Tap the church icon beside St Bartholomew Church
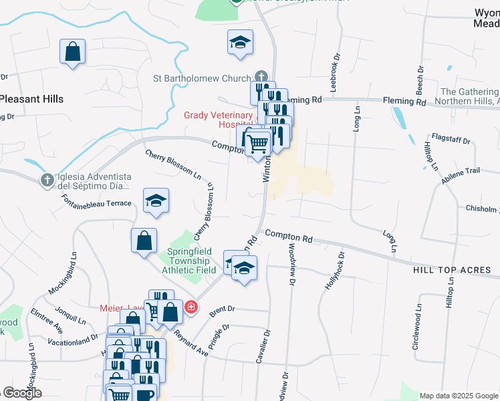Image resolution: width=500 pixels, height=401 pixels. [x=261, y=78]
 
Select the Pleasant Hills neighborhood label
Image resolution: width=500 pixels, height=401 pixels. [x=31, y=99]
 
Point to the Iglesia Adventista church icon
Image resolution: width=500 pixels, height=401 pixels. [x=47, y=180]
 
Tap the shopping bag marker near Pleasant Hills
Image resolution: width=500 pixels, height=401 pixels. [x=72, y=52]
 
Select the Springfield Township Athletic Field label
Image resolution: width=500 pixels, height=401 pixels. [x=189, y=261]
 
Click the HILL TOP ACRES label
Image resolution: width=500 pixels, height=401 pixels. [x=452, y=270]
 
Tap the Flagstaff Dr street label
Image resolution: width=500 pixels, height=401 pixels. [x=451, y=142]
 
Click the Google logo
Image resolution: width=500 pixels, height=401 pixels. [x=22, y=393]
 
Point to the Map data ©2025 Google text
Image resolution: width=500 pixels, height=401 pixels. [x=459, y=396]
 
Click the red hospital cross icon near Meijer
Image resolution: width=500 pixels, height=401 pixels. [x=191, y=307]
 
